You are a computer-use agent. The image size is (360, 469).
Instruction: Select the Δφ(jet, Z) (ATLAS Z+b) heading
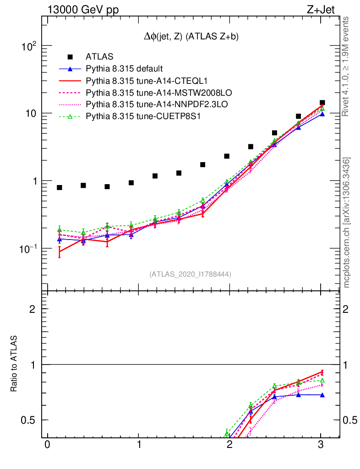click(x=191, y=37)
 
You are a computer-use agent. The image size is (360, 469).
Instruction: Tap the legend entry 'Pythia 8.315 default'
click(x=124, y=69)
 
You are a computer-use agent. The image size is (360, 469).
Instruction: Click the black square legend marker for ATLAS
click(x=70, y=57)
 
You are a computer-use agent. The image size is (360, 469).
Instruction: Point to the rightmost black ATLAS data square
click(x=322, y=103)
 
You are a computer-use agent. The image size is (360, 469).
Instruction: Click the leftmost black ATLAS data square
click(x=60, y=187)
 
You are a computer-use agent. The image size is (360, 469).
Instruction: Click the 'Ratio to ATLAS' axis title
click(x=14, y=364)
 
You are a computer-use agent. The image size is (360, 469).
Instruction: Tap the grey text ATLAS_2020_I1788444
click(x=190, y=274)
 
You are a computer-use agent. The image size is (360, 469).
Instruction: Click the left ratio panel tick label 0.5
click(x=31, y=420)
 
